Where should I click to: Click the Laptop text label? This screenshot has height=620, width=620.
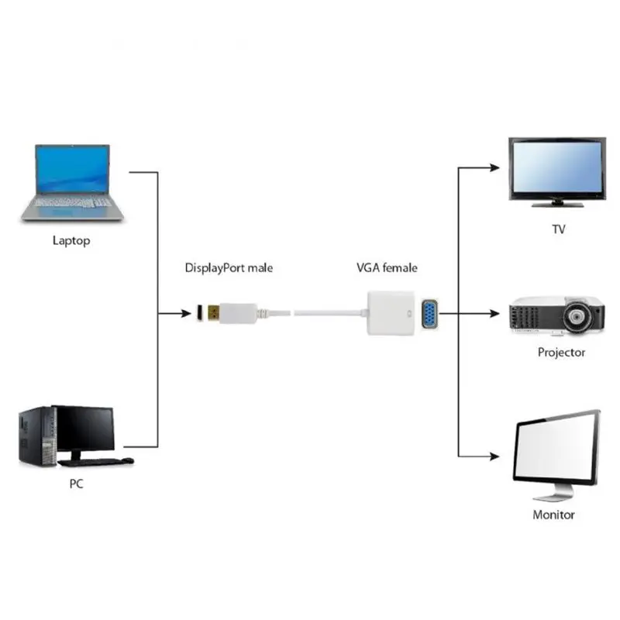click(x=71, y=240)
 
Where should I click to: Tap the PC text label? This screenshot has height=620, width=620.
click(x=76, y=484)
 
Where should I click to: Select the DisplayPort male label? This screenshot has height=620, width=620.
click(x=229, y=268)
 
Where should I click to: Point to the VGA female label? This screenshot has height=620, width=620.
click(x=387, y=268)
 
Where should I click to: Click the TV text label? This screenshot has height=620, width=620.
click(x=558, y=229)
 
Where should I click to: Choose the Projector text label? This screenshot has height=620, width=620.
click(x=561, y=352)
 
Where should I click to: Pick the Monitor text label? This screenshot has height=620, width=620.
click(x=553, y=515)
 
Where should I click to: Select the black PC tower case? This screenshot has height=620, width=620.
click(x=36, y=437)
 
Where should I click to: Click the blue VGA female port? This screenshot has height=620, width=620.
click(x=429, y=314)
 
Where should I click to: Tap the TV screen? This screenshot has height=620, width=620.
click(x=556, y=168)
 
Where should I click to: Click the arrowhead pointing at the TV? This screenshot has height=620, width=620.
click(x=495, y=167)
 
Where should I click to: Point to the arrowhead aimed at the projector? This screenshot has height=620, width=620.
click(x=495, y=314)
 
